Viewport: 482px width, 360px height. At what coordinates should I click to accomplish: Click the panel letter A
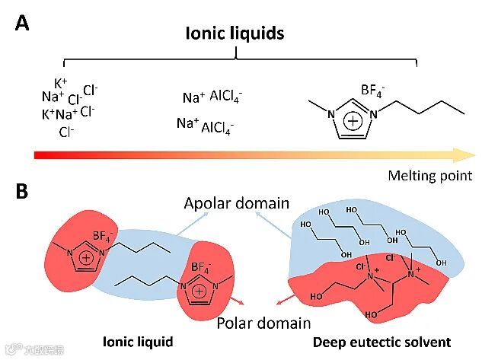point(23,23)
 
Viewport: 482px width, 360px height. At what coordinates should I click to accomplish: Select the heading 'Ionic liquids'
point(235,33)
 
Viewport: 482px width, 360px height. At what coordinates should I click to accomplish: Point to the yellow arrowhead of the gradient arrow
point(465,155)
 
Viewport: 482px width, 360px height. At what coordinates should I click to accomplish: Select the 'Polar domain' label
point(263,322)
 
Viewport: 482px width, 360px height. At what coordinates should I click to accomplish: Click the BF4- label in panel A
point(373,91)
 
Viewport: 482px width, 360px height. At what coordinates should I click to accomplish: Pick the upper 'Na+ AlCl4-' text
point(212,97)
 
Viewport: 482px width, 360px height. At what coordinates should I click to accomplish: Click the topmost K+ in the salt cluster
point(60,83)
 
